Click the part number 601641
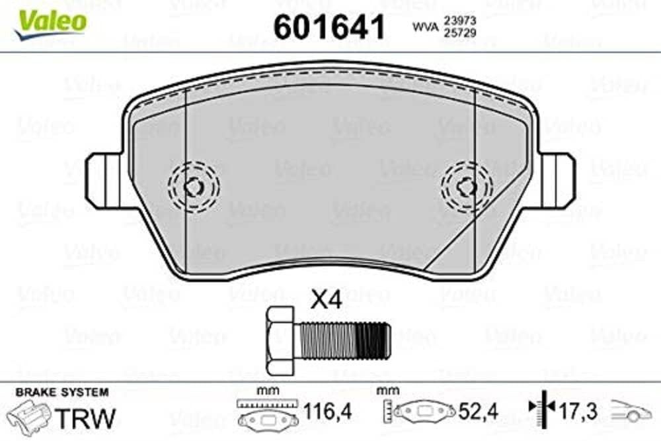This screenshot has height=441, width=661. click(329, 26)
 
